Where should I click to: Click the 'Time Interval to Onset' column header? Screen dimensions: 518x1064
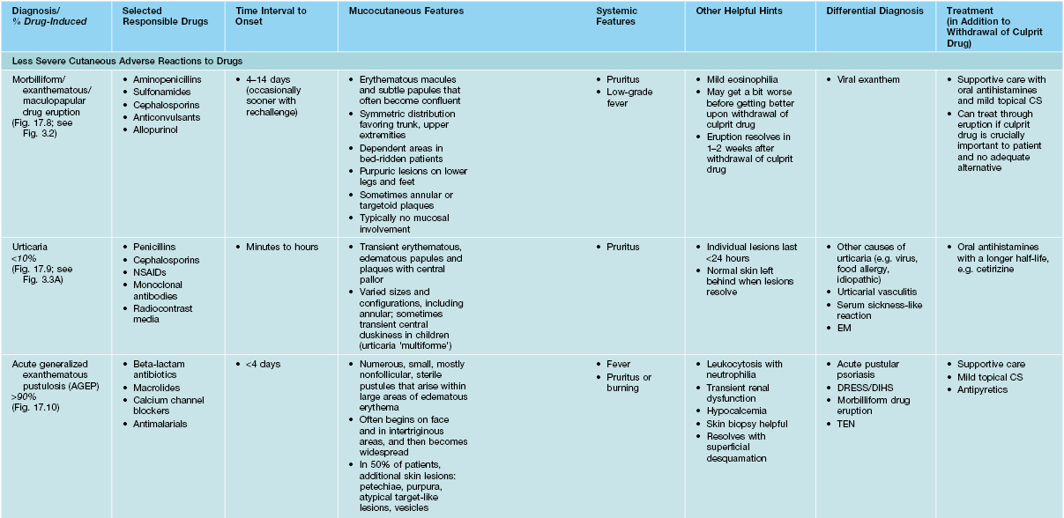(x=272, y=16)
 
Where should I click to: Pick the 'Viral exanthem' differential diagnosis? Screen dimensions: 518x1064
(x=869, y=79)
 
